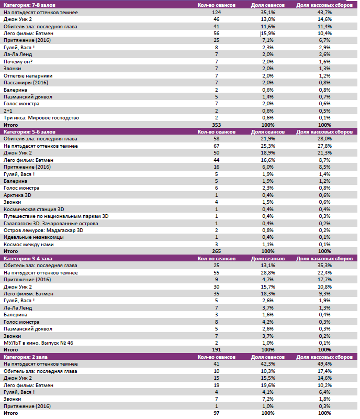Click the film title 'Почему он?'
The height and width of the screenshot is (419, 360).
(18, 61)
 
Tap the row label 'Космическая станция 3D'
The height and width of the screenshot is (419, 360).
(34, 209)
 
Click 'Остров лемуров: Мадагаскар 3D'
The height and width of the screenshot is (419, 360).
(43, 230)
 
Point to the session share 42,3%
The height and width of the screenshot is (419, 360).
(268, 364)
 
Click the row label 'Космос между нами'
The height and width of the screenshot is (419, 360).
(28, 244)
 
